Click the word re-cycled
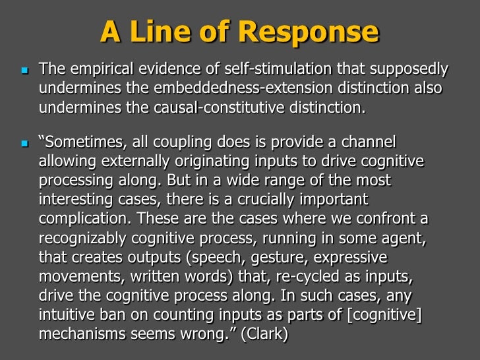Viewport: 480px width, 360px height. pos(326,272)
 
